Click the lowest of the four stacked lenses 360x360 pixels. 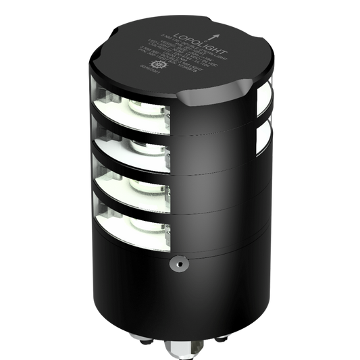pos(128,220)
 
